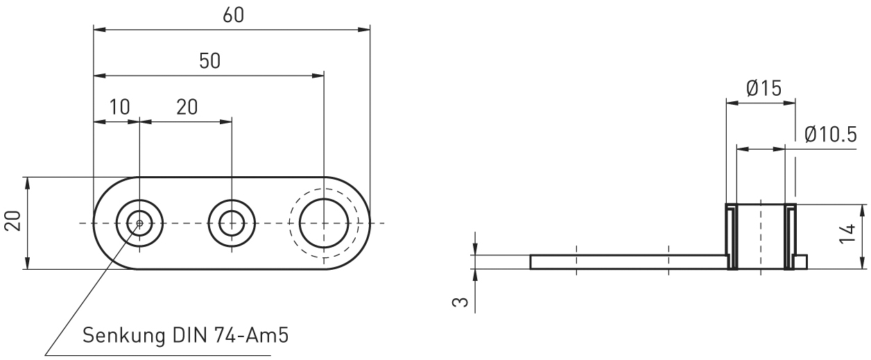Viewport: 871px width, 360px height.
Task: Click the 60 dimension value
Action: (233, 15)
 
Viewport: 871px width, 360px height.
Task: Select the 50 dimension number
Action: (209, 60)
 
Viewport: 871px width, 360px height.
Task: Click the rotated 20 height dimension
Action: (12, 223)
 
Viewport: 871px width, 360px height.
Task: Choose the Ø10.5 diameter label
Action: (831, 134)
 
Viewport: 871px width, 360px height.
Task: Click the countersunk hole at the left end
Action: (139, 223)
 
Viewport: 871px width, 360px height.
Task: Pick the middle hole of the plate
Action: (231, 223)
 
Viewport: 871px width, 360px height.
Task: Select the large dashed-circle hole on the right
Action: (324, 223)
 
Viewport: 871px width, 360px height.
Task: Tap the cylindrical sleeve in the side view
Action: (761, 237)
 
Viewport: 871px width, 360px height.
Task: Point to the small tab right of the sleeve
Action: (801, 262)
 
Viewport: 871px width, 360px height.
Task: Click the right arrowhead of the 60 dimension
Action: (365, 29)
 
